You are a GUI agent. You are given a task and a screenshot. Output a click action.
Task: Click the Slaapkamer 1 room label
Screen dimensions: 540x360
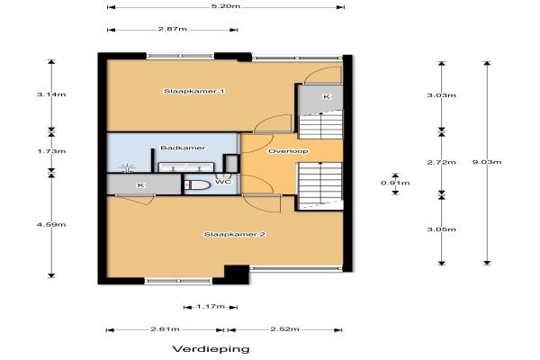(x=194, y=91)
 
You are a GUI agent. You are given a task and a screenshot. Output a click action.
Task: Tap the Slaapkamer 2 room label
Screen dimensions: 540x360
(x=235, y=235)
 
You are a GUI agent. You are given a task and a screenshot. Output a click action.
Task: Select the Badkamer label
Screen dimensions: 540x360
(x=183, y=148)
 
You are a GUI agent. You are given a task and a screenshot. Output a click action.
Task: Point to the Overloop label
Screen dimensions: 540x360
(x=288, y=151)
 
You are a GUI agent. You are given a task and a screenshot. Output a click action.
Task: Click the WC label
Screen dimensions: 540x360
(x=223, y=182)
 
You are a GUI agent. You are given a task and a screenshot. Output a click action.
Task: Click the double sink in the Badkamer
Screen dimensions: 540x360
(x=186, y=167)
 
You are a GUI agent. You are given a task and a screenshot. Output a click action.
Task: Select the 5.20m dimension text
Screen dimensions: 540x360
(x=226, y=6)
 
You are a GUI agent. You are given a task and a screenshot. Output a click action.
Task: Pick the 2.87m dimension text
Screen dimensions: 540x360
(x=173, y=29)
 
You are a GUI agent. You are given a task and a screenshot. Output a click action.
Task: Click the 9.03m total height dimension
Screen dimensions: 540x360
(x=487, y=162)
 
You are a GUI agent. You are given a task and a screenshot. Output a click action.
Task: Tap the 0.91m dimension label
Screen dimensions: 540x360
(x=395, y=183)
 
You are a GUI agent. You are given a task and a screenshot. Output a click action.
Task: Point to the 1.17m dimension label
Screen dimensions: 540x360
(x=211, y=307)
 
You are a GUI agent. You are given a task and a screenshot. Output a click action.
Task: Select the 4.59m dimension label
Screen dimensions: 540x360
(x=51, y=225)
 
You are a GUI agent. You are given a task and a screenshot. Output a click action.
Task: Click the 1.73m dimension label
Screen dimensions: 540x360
(x=51, y=151)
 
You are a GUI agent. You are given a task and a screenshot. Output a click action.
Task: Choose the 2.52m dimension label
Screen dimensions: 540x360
(x=284, y=329)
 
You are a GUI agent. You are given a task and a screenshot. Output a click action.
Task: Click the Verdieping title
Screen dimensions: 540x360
(x=211, y=349)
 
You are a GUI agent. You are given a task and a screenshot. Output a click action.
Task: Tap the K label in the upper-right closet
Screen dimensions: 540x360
(x=327, y=97)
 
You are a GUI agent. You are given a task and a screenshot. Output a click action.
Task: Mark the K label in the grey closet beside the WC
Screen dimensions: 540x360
(x=140, y=185)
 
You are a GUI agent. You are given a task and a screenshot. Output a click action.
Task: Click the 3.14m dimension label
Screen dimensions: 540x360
(x=51, y=94)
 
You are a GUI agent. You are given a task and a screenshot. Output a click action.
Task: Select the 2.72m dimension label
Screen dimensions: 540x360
(x=442, y=162)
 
